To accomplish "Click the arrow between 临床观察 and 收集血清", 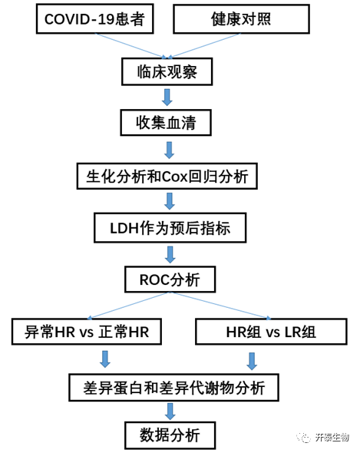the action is point(167,98).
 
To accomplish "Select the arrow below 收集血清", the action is point(170,150).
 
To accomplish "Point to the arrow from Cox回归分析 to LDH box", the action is point(170,201).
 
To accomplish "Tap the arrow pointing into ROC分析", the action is point(170,254).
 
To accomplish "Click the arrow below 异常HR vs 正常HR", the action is point(105,359).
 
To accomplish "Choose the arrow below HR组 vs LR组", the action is point(252,361).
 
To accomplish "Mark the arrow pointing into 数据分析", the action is point(170,412).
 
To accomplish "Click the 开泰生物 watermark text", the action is point(332,437).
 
